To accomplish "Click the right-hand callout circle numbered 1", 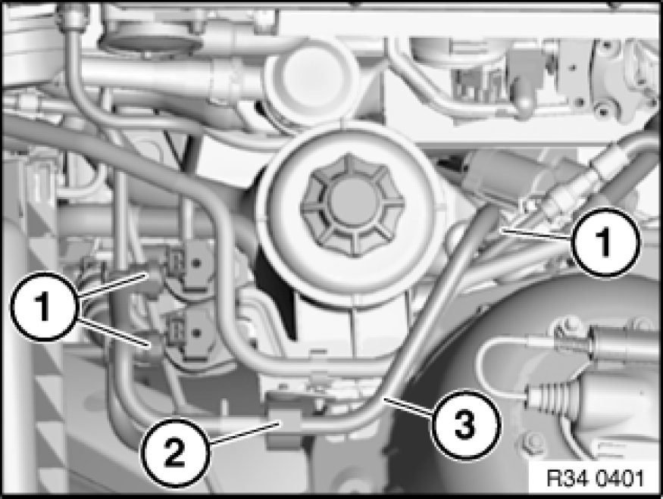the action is pos(606,242).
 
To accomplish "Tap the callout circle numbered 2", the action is pos(175,453).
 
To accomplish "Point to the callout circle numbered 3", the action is pos(465,425).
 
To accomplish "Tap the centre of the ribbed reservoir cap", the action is pos(352,206).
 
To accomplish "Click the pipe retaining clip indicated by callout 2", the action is pos(285,418).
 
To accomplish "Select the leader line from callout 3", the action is pos(408,407).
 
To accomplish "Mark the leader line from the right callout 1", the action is pos(535,235).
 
